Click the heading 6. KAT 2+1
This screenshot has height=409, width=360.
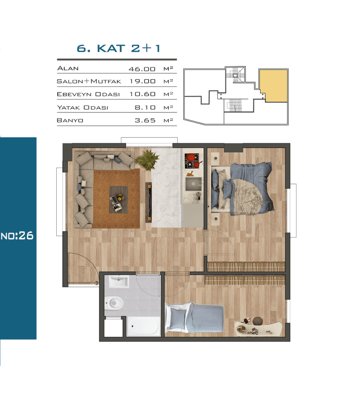click(x=118, y=48)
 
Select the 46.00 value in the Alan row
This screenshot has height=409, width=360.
click(x=142, y=69)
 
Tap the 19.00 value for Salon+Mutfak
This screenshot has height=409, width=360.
click(x=142, y=81)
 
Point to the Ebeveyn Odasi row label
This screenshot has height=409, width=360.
click(x=88, y=94)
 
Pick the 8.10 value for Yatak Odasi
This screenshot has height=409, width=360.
click(x=145, y=107)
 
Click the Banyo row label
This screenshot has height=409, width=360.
click(x=70, y=120)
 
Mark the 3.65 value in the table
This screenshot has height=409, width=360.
click(x=145, y=120)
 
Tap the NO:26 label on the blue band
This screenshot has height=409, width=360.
click(x=17, y=236)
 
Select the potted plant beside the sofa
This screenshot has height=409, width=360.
click(x=147, y=159)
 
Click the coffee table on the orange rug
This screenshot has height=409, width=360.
click(x=119, y=200)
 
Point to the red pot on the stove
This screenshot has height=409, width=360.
click(x=190, y=157)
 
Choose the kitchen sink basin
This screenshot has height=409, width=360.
click(x=194, y=184)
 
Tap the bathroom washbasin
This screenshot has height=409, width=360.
click(x=119, y=282)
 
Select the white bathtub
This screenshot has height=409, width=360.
click(x=143, y=327)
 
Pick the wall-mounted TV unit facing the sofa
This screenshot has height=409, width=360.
click(x=149, y=202)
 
